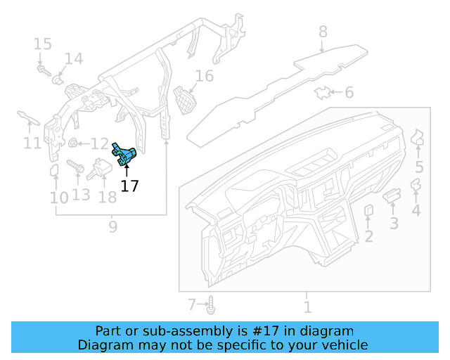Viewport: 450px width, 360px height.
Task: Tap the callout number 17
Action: [129, 186]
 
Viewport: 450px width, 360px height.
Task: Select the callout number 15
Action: [42, 44]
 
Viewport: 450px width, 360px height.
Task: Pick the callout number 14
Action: [74, 58]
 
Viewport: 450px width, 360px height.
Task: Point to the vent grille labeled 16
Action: [184, 99]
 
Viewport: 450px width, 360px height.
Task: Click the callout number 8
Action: [323, 32]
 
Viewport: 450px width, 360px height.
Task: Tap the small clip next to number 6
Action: [323, 92]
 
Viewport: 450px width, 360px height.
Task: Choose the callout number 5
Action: [419, 167]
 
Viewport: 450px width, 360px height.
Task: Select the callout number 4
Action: [416, 210]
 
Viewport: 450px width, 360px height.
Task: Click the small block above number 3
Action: [392, 194]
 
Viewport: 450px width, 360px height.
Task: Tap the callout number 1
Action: [307, 307]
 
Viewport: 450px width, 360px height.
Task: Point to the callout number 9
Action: [112, 226]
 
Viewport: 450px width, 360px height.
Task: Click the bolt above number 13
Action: [75, 167]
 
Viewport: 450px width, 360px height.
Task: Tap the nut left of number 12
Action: [72, 143]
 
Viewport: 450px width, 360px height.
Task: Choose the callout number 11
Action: [32, 144]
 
